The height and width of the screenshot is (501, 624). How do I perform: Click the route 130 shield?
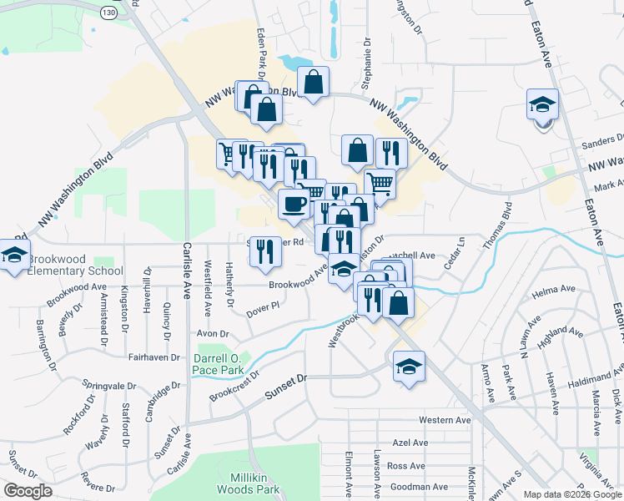109,13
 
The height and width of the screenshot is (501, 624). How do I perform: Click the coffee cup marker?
294,205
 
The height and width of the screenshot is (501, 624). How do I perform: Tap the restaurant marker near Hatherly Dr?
265,252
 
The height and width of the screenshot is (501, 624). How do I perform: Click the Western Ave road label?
445,419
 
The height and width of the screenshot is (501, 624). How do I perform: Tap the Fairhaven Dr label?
154,357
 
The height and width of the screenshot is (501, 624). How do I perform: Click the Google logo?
28,491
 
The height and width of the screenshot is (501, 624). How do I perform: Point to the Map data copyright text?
572,494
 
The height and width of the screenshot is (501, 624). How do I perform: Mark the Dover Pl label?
262,311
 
